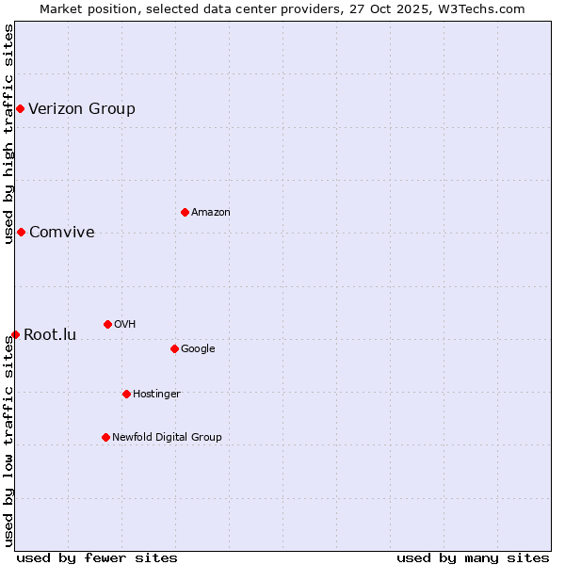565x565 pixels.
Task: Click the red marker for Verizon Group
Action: (x=20, y=108)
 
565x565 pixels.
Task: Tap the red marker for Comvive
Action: (x=21, y=232)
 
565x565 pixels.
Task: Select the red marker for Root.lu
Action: (x=15, y=334)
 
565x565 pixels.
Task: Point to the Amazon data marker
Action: (x=185, y=212)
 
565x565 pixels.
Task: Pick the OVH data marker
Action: (x=107, y=324)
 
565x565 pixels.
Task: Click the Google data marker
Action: (x=174, y=348)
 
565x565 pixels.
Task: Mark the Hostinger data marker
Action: (x=126, y=394)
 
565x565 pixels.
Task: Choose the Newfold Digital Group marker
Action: (x=105, y=437)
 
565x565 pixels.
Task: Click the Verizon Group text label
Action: (x=82, y=108)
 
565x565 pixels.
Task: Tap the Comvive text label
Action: (x=62, y=232)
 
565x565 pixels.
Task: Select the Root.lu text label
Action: (x=50, y=334)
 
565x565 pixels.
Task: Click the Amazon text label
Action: (x=211, y=212)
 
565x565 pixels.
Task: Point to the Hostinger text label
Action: (x=156, y=394)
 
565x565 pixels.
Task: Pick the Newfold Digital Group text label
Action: (x=167, y=437)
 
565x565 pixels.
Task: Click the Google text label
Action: (x=198, y=348)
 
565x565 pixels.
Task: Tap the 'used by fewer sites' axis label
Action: (x=97, y=557)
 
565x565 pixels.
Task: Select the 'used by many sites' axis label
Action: (x=473, y=557)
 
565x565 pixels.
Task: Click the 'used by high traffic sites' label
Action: (x=8, y=134)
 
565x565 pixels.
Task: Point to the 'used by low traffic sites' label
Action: (x=8, y=441)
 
